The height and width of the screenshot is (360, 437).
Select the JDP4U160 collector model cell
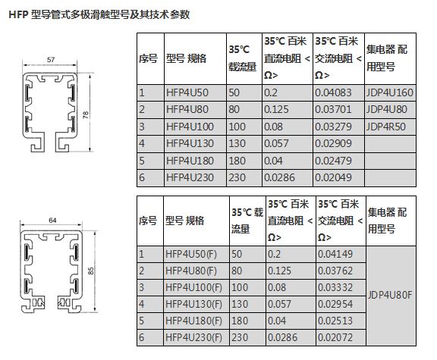point(389,92)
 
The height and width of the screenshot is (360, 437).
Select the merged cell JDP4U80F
point(390,295)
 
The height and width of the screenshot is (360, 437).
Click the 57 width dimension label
point(51,60)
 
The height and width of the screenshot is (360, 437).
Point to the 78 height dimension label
point(86,114)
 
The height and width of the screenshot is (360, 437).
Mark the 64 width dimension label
point(52,221)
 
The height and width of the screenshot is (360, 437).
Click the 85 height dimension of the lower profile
point(91,271)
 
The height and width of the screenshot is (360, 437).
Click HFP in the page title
point(18,14)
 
